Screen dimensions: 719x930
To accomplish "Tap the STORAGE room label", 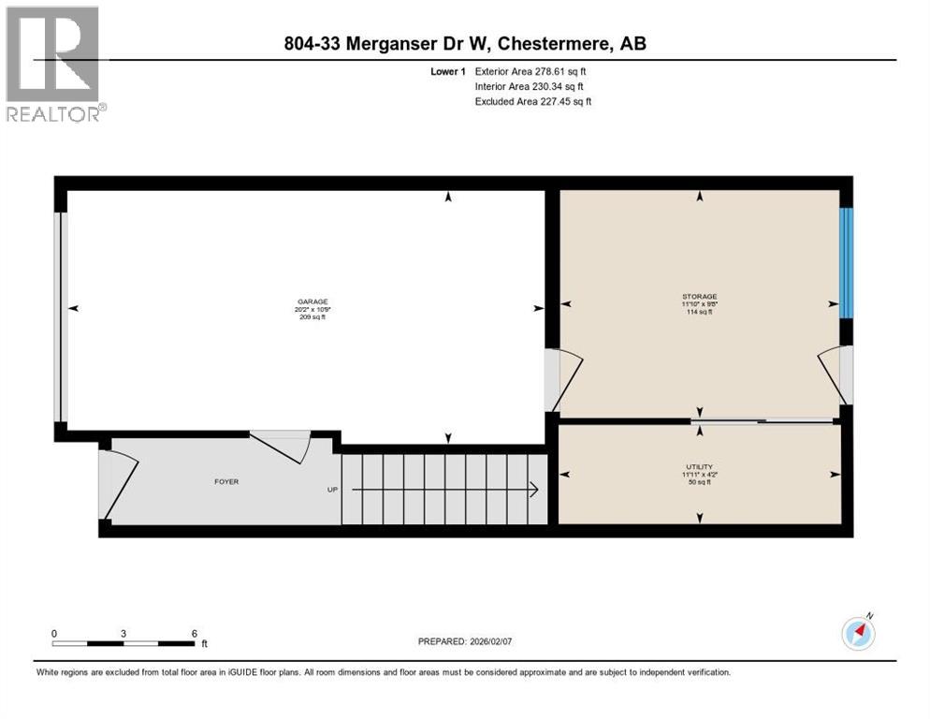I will [x=699, y=298].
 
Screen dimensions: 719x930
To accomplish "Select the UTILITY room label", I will [x=699, y=465].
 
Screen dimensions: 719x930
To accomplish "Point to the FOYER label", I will [x=226, y=482].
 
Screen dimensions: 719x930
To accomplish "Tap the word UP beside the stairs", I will [x=331, y=490].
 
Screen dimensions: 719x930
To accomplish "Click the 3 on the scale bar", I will [x=124, y=633].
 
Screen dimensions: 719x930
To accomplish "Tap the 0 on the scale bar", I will [x=54, y=633].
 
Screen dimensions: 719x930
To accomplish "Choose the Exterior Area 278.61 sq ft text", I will [x=530, y=71].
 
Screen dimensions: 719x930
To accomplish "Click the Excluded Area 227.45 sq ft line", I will [x=533, y=101].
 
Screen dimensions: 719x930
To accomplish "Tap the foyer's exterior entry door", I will [x=117, y=485].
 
